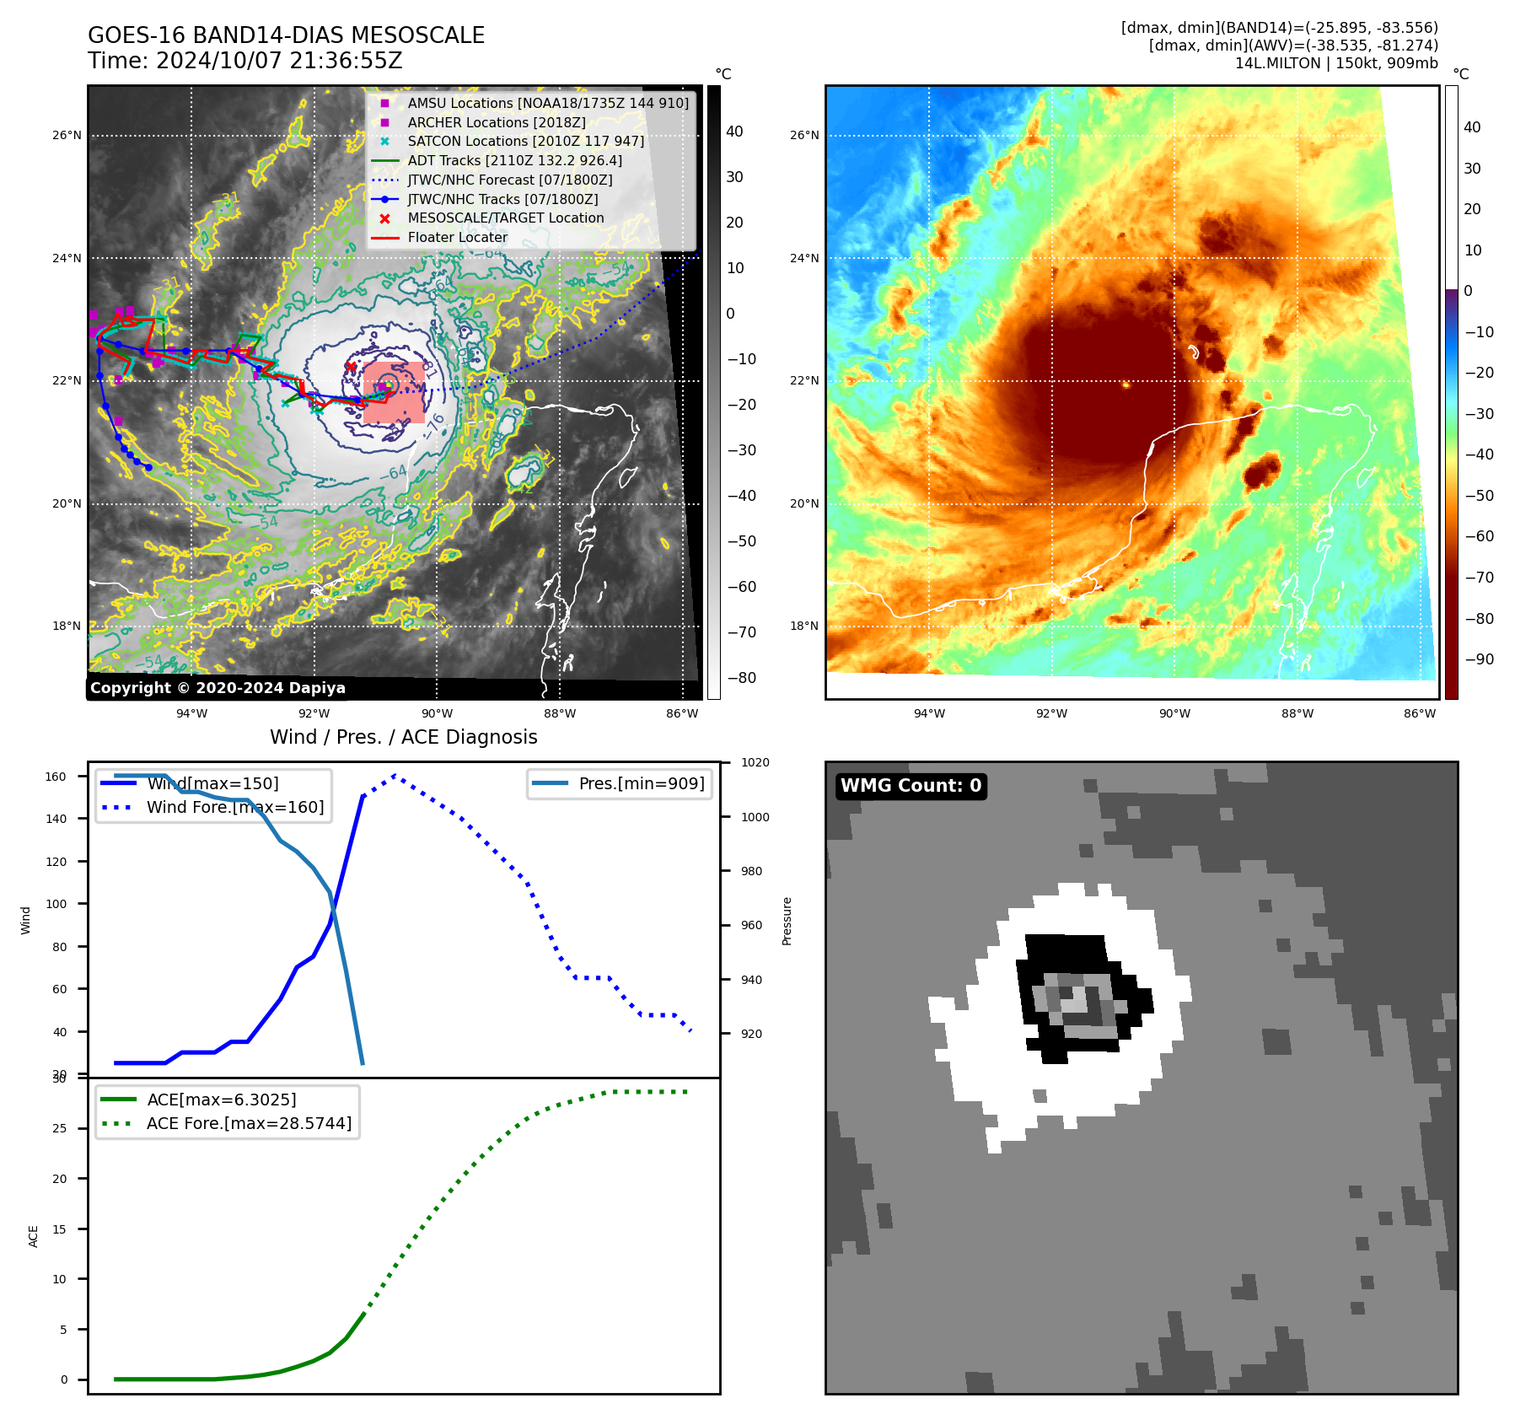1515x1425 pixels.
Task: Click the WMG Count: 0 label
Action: [911, 786]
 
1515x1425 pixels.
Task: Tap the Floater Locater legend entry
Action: [457, 237]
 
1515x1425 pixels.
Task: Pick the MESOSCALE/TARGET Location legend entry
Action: [505, 218]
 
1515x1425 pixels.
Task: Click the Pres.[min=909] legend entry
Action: [641, 783]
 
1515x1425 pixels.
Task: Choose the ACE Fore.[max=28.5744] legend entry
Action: [249, 1123]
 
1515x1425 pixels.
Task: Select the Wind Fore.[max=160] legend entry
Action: [234, 807]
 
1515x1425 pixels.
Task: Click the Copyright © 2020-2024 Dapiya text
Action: [218, 688]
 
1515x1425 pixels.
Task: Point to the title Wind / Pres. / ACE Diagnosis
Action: [403, 737]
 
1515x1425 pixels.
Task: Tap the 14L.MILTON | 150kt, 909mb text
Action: [1336, 63]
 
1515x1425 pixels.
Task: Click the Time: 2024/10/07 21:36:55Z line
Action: [244, 62]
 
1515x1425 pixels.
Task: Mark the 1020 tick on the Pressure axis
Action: [755, 762]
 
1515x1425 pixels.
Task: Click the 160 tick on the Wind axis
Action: [56, 777]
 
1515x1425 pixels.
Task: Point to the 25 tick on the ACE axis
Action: [59, 1128]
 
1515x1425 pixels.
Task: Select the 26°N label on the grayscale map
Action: [67, 135]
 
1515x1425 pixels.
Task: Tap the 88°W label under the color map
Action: [1297, 713]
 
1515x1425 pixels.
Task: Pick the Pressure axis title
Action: [787, 921]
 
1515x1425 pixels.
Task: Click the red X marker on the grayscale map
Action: [351, 367]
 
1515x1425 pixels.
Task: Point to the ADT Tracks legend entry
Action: [514, 160]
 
